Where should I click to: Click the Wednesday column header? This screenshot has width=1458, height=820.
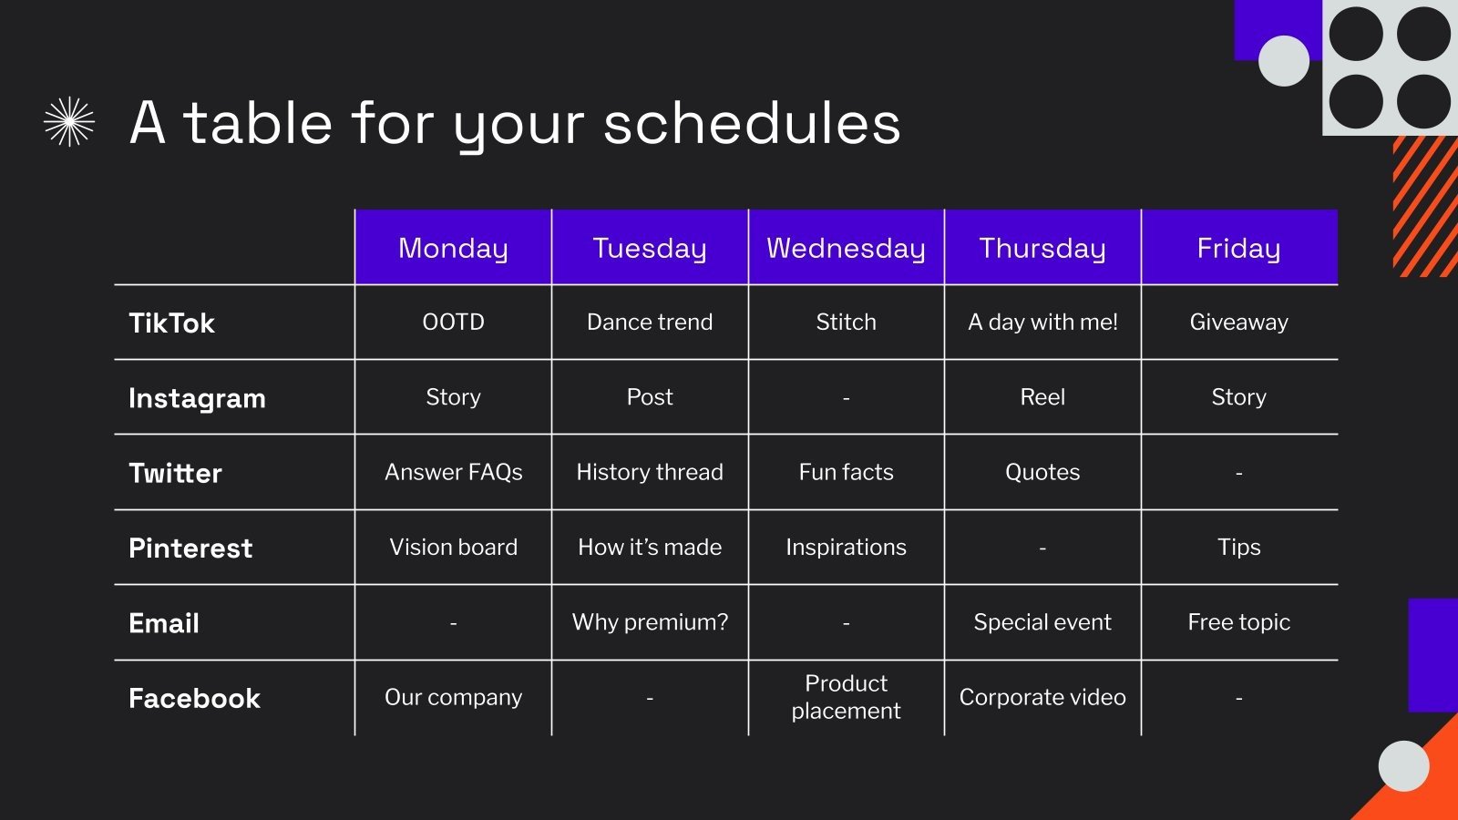(846, 248)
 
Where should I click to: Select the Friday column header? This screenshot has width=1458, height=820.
(1238, 248)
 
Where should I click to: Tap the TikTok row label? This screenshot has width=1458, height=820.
(171, 323)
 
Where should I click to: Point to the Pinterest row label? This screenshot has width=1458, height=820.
(190, 548)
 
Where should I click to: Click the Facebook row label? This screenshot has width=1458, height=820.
(194, 698)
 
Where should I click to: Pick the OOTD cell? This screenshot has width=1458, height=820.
(453, 322)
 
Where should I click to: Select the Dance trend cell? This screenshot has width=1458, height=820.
(650, 322)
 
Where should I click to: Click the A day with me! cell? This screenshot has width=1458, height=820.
(1042, 322)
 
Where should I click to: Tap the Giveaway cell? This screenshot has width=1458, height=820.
(1238, 322)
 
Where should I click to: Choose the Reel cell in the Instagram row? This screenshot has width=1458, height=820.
(1042, 397)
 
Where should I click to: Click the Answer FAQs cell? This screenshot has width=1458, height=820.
(453, 472)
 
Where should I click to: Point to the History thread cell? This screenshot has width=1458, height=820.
(650, 472)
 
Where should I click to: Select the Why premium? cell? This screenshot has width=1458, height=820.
(650, 622)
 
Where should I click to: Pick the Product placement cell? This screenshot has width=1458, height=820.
(846, 697)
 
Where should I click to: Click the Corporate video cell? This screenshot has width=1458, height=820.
(1042, 697)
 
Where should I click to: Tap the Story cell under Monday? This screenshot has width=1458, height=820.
(453, 397)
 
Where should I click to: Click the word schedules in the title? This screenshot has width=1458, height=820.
(752, 123)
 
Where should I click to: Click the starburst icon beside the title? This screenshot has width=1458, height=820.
(69, 122)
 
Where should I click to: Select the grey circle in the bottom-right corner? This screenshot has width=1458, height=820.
(1403, 765)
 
